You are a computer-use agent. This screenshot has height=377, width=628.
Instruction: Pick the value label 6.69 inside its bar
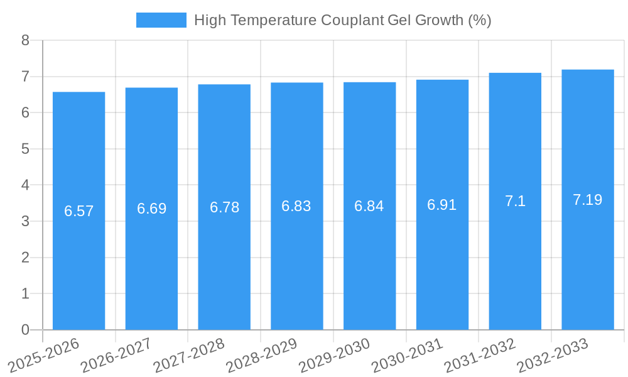[152, 209]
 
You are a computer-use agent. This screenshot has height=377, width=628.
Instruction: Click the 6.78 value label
[224, 207]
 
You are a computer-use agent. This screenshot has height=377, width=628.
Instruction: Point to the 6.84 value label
[369, 206]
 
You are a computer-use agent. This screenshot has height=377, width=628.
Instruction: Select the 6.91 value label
[442, 205]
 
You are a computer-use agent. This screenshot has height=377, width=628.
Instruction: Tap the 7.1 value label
[515, 201]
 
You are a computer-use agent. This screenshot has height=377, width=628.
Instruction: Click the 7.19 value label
[588, 200]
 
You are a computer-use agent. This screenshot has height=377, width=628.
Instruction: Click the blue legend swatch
[161, 20]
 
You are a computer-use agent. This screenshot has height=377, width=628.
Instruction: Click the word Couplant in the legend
[352, 20]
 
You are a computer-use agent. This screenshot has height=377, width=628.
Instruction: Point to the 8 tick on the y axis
[25, 41]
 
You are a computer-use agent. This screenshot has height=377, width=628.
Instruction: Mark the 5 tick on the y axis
[25, 149]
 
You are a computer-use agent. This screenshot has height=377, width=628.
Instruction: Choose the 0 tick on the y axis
[25, 330]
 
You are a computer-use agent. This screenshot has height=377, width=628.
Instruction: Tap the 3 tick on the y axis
[25, 221]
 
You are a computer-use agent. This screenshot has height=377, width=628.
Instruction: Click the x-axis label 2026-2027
[116, 355]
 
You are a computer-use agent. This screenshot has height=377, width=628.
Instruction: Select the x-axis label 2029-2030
[334, 355]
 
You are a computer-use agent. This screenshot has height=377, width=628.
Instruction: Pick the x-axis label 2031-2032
[480, 355]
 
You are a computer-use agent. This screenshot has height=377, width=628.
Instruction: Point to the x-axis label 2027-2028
[189, 355]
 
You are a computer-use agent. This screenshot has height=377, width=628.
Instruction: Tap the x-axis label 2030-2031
[407, 355]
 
